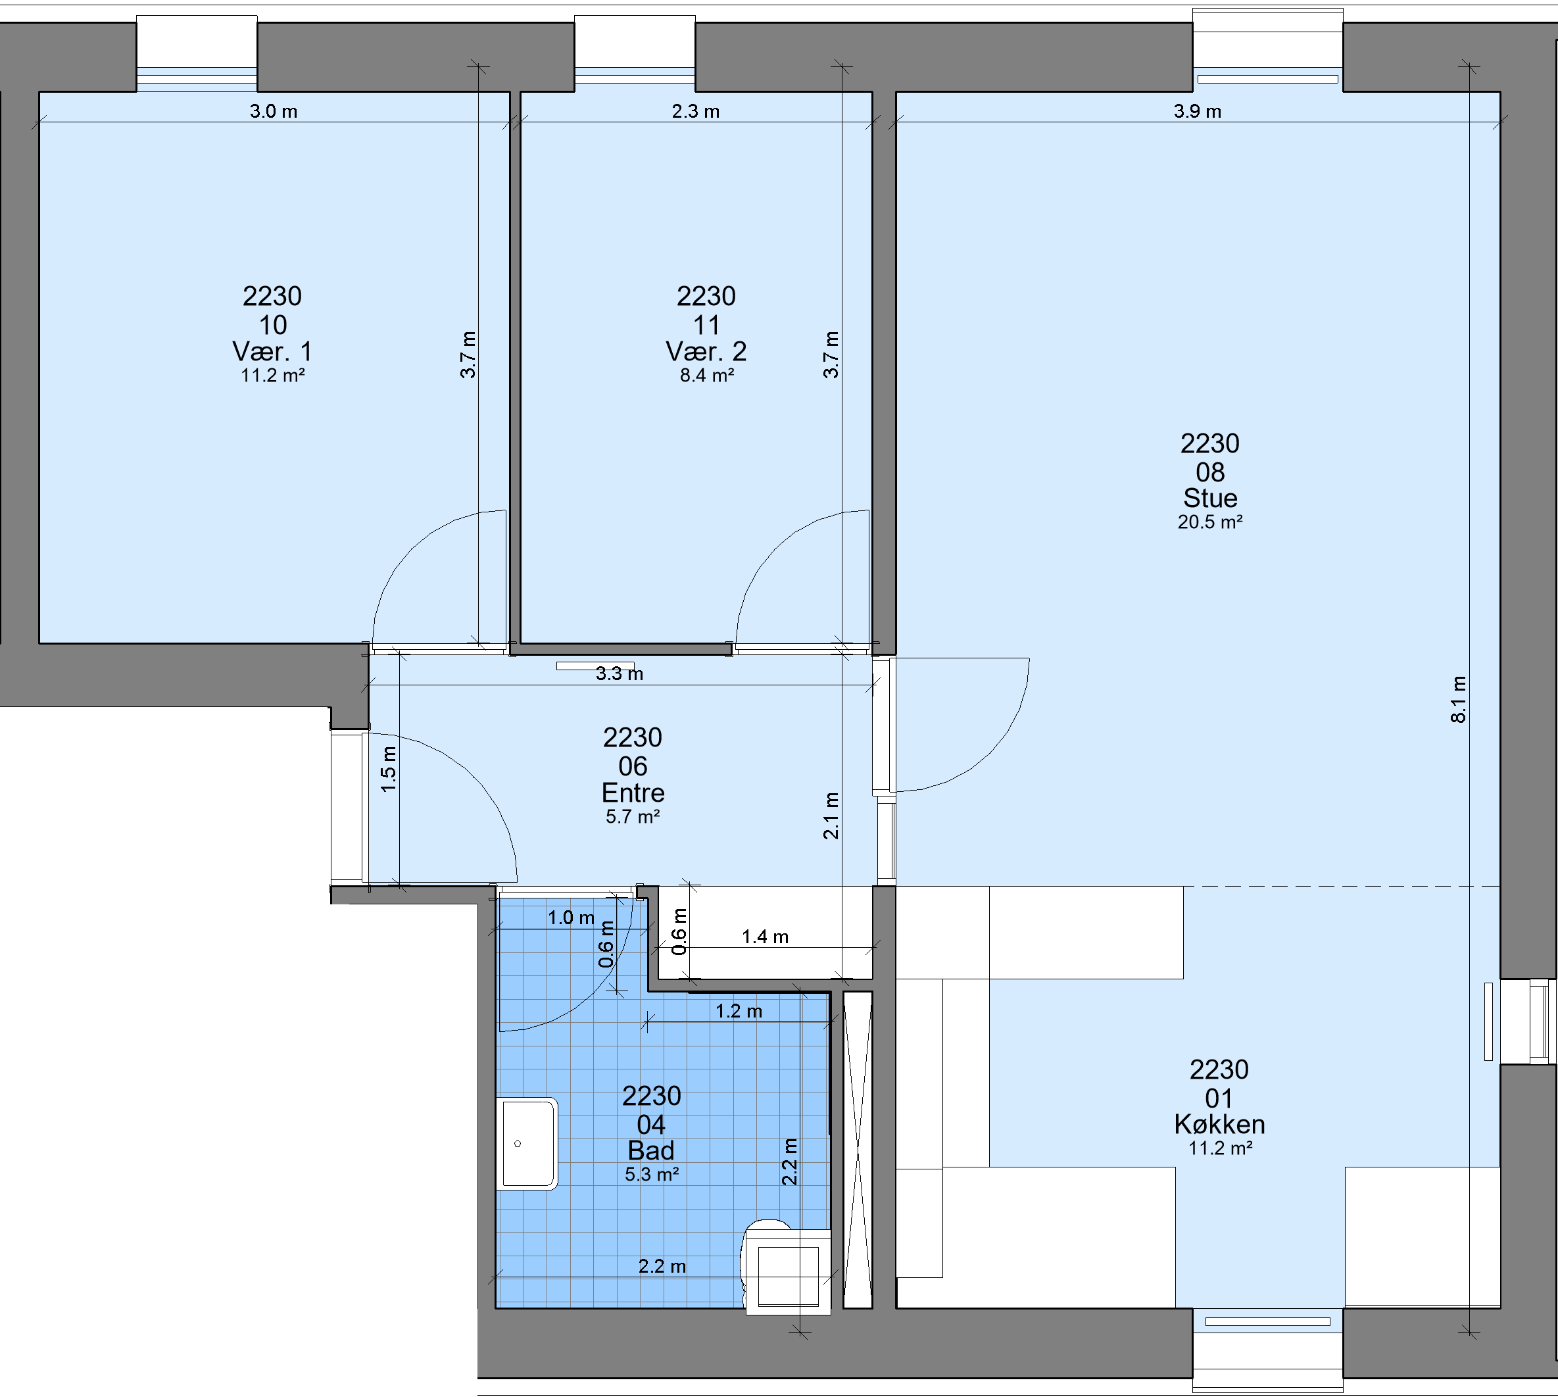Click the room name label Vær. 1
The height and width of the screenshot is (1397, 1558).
click(x=272, y=352)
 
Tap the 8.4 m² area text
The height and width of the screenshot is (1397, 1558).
click(x=707, y=376)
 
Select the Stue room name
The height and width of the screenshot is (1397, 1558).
click(x=1210, y=498)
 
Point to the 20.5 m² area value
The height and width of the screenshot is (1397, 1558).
click(x=1210, y=522)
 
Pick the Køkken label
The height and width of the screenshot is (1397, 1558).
click(x=1219, y=1125)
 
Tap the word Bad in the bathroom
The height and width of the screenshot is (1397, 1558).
click(x=651, y=1150)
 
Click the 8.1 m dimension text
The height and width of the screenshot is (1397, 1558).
click(x=1458, y=699)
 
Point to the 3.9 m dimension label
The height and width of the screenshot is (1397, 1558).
click(x=1198, y=111)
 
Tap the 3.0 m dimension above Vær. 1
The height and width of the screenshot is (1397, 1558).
click(x=273, y=111)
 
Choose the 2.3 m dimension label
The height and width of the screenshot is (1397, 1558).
click(x=696, y=111)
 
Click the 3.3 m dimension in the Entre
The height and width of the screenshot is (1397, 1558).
click(x=620, y=674)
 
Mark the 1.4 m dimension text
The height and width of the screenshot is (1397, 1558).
click(x=765, y=937)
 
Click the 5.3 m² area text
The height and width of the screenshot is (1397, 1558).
click(x=652, y=1175)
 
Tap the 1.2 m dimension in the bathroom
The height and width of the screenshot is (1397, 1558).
click(x=739, y=1011)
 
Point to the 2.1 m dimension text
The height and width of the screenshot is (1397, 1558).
click(x=831, y=816)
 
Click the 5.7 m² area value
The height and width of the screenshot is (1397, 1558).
click(x=633, y=817)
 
